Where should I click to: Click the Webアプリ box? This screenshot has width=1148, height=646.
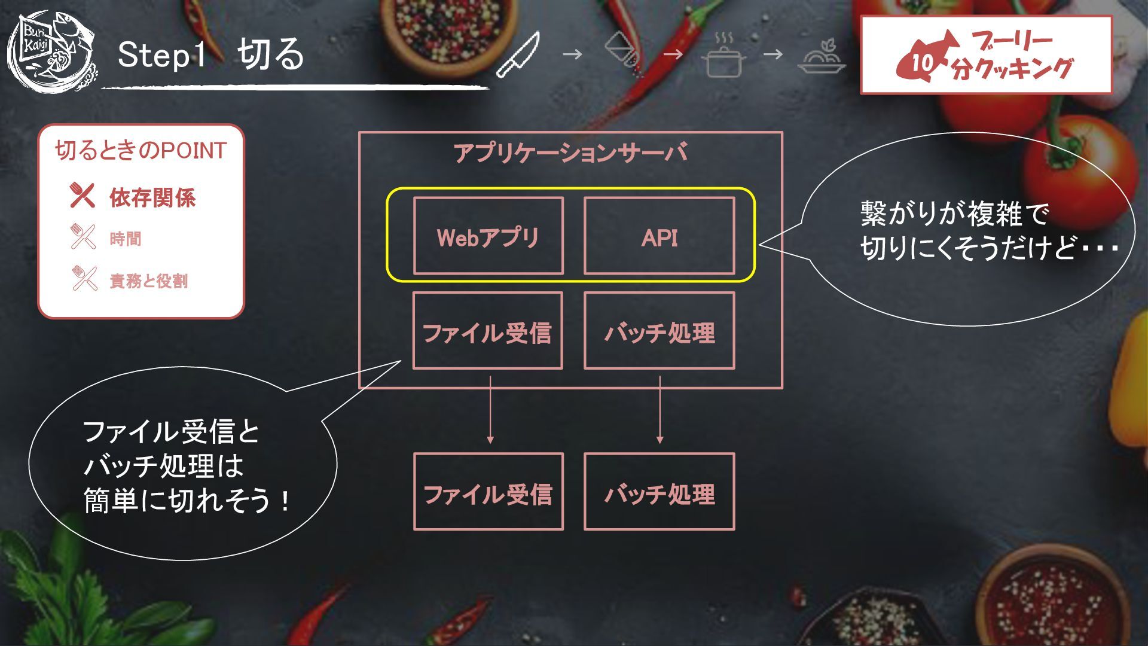click(x=488, y=236)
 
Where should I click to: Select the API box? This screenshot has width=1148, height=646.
click(x=659, y=236)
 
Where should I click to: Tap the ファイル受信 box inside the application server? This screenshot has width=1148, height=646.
click(x=487, y=331)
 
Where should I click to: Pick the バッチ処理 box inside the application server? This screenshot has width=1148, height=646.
click(x=659, y=331)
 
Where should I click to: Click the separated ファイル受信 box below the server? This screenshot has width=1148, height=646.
click(x=488, y=492)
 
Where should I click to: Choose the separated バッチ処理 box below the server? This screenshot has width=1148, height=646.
click(x=659, y=492)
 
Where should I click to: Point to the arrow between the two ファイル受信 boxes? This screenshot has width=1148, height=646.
click(x=490, y=410)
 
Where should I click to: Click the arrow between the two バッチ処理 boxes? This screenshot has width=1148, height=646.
click(x=660, y=410)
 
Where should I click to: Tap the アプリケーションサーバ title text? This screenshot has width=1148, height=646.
click(x=570, y=153)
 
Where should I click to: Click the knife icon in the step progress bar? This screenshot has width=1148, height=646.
click(x=518, y=55)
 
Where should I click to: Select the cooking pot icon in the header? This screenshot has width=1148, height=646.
click(x=723, y=56)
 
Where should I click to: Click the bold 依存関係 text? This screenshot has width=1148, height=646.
click(x=152, y=197)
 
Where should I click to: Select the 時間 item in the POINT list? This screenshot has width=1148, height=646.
click(x=126, y=239)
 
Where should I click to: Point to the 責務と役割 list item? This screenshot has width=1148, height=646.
click(x=148, y=281)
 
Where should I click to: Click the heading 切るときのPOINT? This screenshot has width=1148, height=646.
click(x=141, y=151)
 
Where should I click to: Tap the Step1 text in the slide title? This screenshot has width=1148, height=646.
click(x=161, y=55)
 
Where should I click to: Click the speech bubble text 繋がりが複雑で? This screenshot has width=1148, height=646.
click(x=954, y=214)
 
